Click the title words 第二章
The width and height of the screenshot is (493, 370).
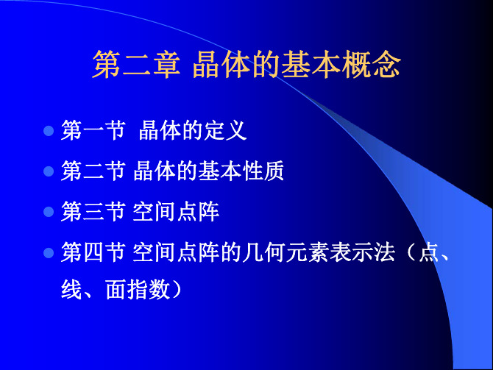(x=136, y=65)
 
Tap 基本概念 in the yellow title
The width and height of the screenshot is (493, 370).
(x=341, y=65)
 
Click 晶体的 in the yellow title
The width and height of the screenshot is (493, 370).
(x=236, y=65)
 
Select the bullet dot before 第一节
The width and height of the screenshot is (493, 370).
(x=49, y=130)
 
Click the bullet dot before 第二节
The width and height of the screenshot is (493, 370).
(x=49, y=171)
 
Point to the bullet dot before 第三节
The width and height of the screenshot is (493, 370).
(x=49, y=212)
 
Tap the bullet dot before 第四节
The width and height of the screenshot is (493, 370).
(x=49, y=253)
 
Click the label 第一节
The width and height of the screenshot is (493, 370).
(x=93, y=130)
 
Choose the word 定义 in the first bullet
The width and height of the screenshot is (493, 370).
(x=225, y=130)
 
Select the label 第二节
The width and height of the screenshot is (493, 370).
(x=93, y=171)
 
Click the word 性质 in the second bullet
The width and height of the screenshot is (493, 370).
(x=263, y=171)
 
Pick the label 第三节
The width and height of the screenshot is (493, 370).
(x=93, y=212)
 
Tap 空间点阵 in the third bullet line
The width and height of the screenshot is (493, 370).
(x=176, y=212)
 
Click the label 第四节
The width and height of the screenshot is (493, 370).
(x=93, y=252)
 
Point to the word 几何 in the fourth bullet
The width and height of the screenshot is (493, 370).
(x=263, y=252)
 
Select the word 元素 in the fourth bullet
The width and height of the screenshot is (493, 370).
(x=307, y=252)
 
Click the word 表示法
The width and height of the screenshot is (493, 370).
(x=362, y=252)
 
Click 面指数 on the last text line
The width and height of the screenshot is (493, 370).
(x=138, y=290)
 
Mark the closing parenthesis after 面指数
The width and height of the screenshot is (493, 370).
(x=177, y=290)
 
